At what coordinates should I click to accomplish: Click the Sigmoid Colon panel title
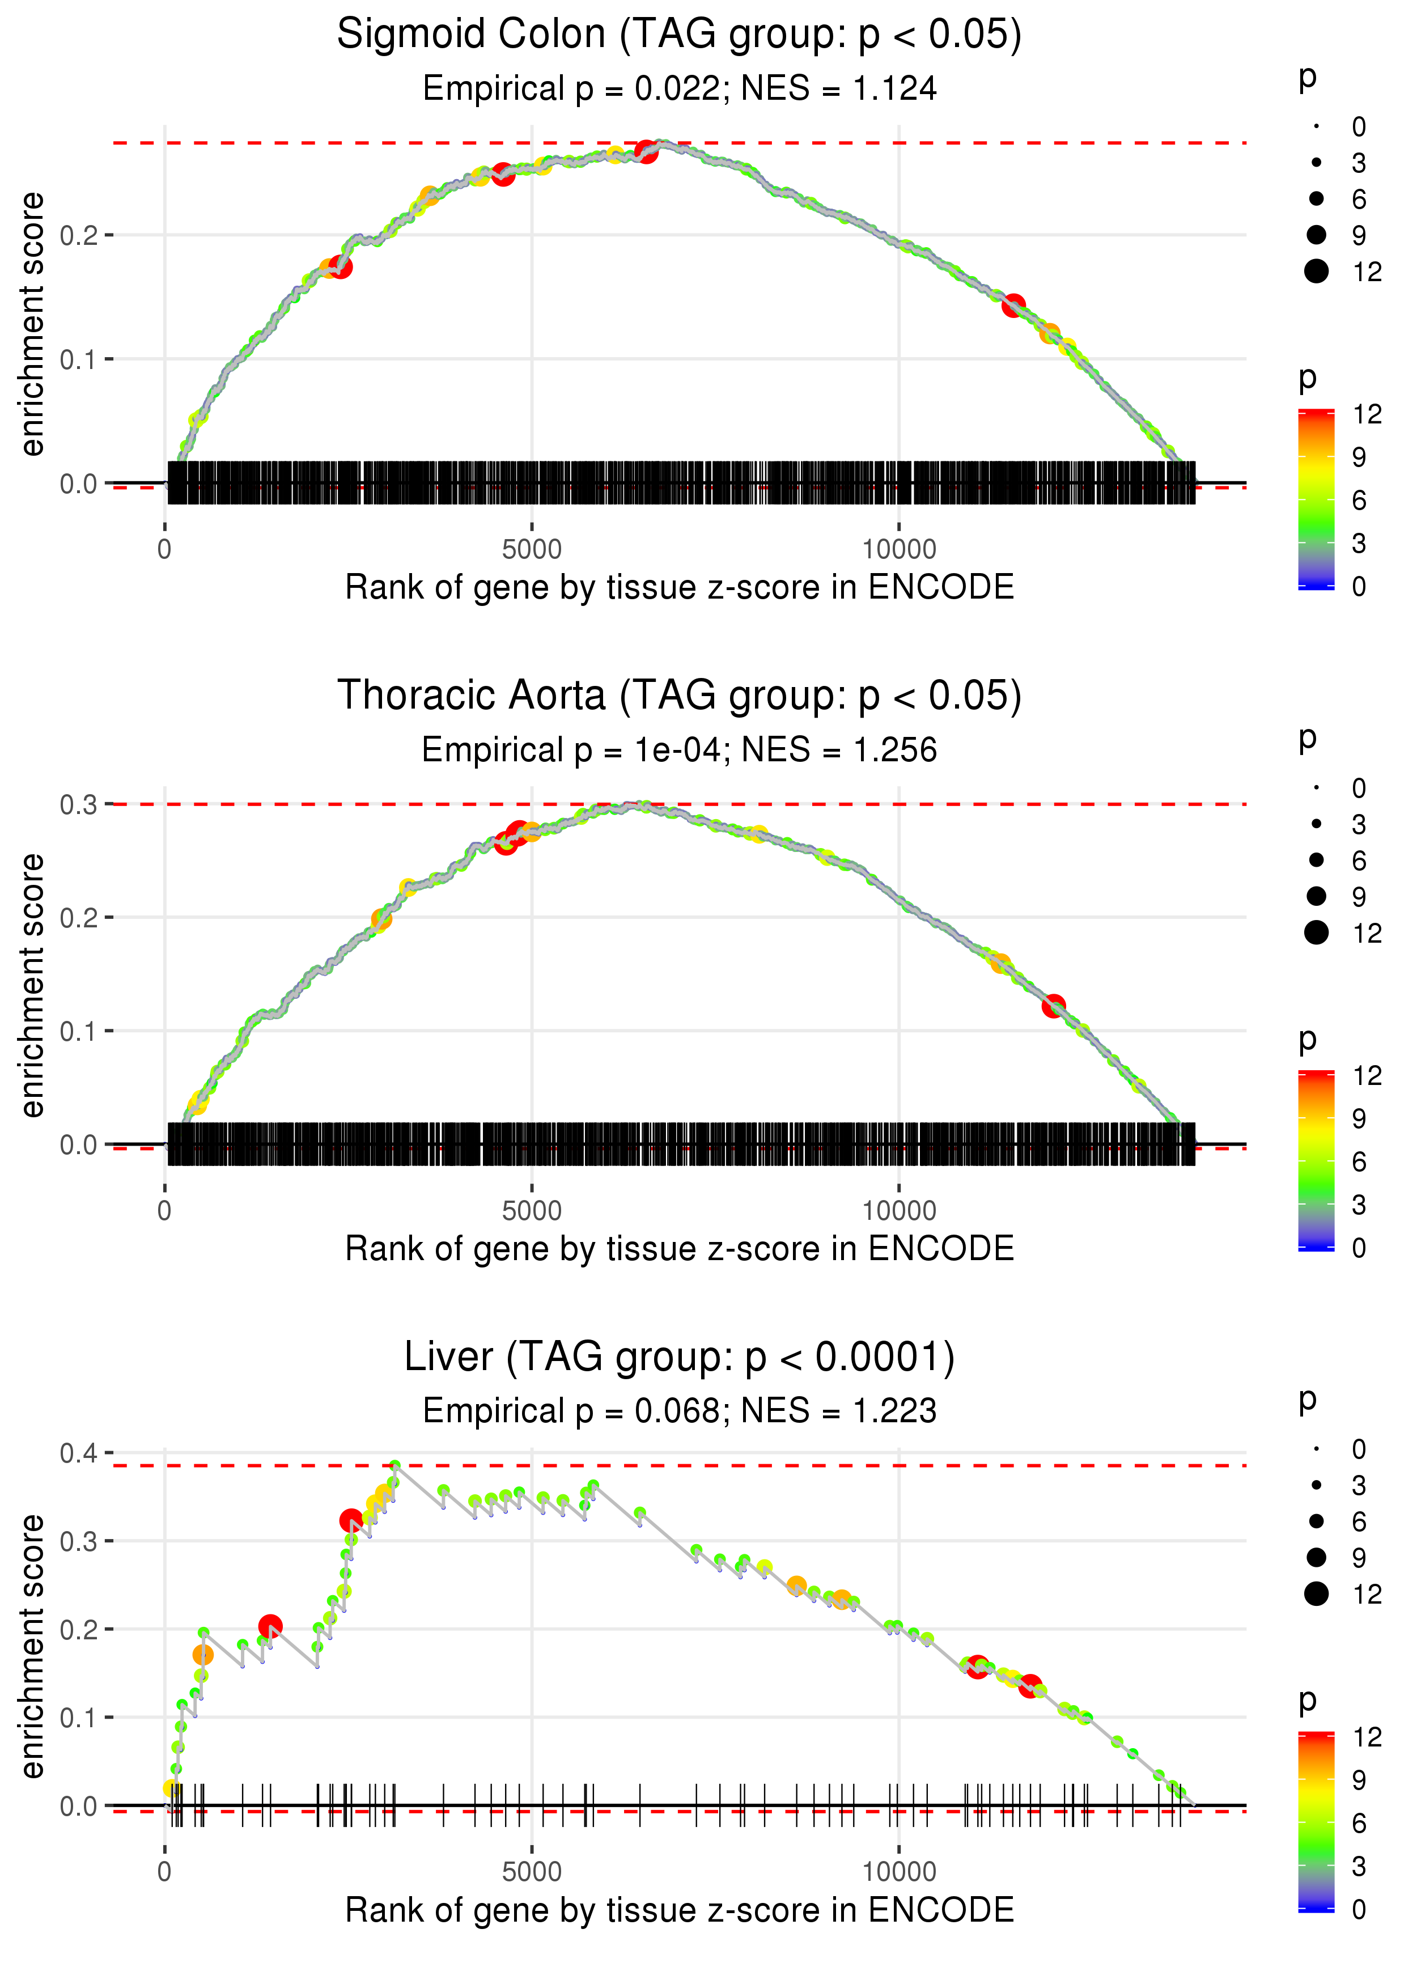(x=679, y=35)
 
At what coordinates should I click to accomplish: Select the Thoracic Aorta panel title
(x=679, y=696)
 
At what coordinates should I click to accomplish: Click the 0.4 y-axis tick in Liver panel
(x=79, y=1453)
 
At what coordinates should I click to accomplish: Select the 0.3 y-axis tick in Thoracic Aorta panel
(x=79, y=804)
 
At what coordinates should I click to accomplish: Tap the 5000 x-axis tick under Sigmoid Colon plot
(x=532, y=550)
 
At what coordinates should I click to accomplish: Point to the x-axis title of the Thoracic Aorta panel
(x=679, y=1249)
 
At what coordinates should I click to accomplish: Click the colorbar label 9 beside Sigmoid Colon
(x=1359, y=457)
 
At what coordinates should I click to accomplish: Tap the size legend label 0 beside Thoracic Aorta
(x=1359, y=788)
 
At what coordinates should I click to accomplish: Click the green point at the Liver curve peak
(x=395, y=1466)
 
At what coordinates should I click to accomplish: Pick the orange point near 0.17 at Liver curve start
(x=202, y=1655)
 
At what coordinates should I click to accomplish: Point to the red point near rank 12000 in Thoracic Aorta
(x=1054, y=1006)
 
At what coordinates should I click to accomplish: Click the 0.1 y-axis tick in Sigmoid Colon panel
(x=79, y=359)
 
